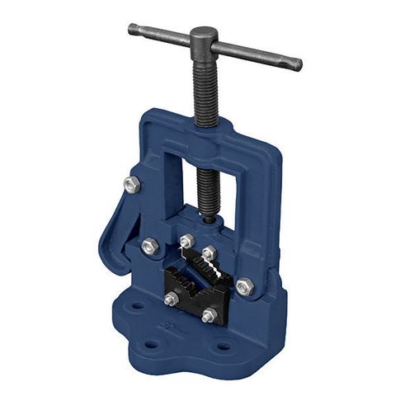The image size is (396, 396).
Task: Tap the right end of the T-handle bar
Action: [296, 64]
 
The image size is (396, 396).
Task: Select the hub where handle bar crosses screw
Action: [203, 40]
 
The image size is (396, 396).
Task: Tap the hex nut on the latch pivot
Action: [149, 245]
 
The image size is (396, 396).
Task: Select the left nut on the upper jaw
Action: [187, 242]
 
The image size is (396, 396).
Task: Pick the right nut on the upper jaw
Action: [209, 252]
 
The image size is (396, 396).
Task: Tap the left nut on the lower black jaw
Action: [171, 299]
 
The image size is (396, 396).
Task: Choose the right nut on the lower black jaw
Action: [209, 314]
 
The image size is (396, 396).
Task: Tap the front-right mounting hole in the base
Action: [223, 346]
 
